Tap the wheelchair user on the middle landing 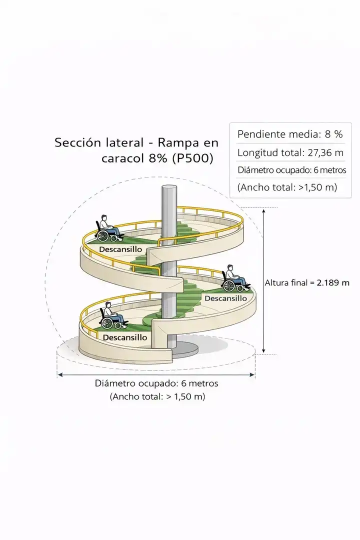235,278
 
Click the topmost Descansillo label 120,249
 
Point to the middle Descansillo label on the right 226,298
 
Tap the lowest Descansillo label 125,337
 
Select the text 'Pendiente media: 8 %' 290,134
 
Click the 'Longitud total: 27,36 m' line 290,152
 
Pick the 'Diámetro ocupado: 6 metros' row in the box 292,170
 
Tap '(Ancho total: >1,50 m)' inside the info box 287,187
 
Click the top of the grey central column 169,186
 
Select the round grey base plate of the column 185,349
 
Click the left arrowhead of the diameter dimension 59,374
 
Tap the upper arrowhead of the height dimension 264,210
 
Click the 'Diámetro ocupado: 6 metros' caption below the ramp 156,383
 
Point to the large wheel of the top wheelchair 103,235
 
